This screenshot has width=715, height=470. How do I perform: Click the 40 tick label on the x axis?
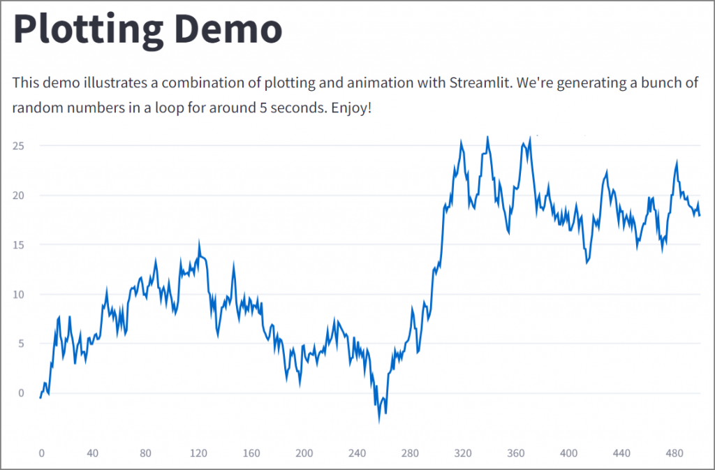93,453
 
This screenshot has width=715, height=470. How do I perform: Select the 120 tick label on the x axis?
198,453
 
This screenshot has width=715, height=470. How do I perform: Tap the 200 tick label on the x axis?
304,453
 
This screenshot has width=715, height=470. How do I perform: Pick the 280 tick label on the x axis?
410,453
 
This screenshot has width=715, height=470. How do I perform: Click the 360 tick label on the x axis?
515,453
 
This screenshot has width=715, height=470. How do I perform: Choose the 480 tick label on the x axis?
674,453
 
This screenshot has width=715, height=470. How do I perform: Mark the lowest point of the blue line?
380,420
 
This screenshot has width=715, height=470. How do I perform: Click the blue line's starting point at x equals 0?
41,397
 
